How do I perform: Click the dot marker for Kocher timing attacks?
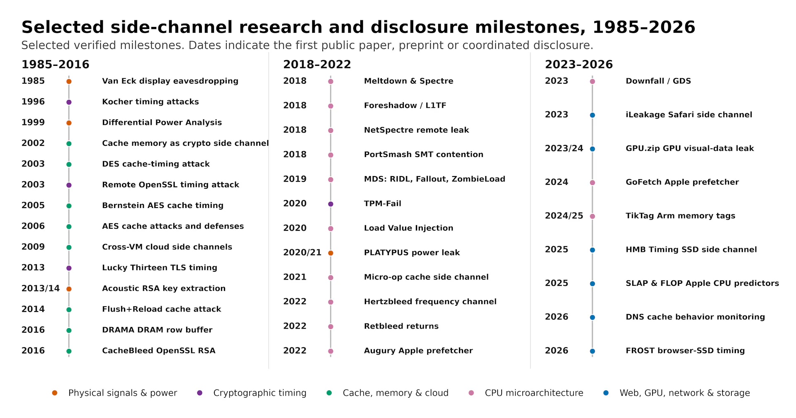pos(69,102)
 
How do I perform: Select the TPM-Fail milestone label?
pos(382,203)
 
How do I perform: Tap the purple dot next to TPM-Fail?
pos(330,204)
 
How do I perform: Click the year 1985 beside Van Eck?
pos(33,81)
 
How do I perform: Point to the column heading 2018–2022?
pos(317,65)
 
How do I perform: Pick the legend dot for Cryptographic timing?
pos(200,393)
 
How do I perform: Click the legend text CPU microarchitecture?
pos(534,393)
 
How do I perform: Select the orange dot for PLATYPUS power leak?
pos(330,253)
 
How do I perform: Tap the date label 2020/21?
pos(302,253)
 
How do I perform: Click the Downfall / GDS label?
pos(658,81)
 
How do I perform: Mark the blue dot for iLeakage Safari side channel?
pos(592,115)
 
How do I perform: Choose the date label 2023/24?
pos(564,148)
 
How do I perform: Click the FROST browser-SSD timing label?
pos(685,350)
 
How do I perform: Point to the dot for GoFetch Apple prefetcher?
pos(592,183)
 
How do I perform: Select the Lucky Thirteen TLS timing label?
pos(160,268)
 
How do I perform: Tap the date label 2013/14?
pos(41,288)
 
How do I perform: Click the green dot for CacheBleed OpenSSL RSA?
pos(69,351)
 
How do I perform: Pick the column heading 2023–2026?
pos(579,65)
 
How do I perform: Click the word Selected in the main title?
pos(63,27)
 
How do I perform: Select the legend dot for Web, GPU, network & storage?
pos(606,393)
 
